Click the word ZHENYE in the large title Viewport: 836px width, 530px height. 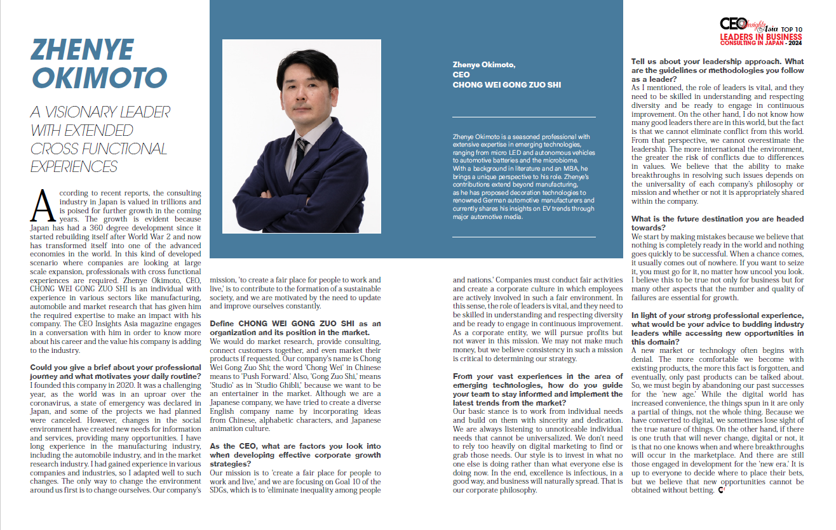coord(83,51)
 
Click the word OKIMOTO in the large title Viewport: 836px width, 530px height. coord(99,78)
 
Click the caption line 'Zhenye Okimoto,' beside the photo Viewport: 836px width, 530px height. coord(484,65)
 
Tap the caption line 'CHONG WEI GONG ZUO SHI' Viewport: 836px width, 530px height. coord(507,84)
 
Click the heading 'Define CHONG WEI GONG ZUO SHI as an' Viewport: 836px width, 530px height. coord(295,324)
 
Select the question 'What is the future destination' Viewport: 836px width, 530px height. coord(717,220)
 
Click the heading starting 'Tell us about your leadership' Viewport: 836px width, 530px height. coord(717,62)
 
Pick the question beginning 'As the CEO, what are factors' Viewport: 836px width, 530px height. coord(295,447)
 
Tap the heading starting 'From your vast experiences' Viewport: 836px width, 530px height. coord(537,377)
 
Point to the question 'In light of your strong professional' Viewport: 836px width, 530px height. coord(717,315)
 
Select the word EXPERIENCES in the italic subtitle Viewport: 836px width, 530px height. coord(74,167)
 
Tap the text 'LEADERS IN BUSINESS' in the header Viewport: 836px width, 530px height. coord(760,37)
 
